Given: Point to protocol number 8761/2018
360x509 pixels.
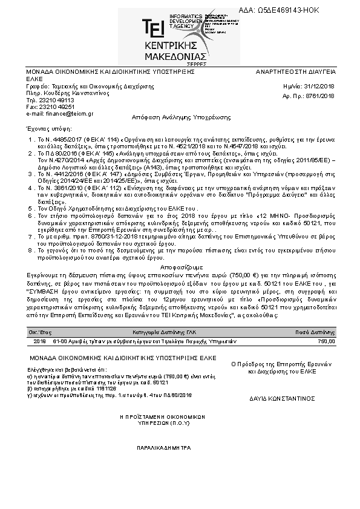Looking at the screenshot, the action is click(x=320, y=96).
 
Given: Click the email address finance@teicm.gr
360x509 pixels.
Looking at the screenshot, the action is click(x=64, y=113).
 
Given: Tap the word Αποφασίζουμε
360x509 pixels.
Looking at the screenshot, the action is click(x=181, y=267).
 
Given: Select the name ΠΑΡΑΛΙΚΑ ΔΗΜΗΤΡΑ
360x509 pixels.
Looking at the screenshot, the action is click(x=163, y=448).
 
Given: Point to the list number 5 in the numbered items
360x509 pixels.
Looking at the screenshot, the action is click(x=30, y=207).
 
